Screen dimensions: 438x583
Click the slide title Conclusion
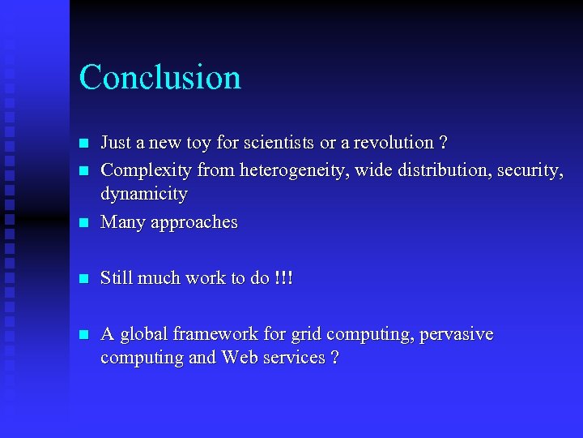[160, 78]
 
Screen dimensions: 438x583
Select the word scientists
[275, 143]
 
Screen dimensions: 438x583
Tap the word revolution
[386, 143]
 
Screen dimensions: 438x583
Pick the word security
[530, 170]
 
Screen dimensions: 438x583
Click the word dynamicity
[143, 194]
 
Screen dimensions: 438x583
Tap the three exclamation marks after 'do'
[283, 278]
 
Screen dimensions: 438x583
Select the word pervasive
[456, 334]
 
